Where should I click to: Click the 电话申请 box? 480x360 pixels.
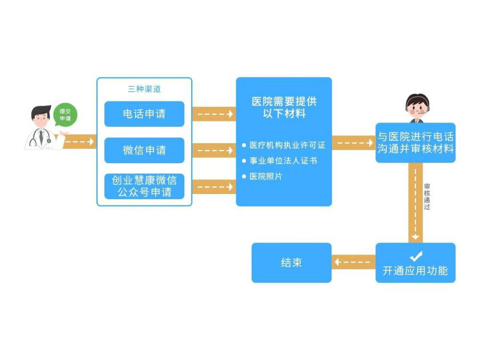click(x=144, y=114)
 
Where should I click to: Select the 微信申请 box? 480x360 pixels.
click(x=144, y=150)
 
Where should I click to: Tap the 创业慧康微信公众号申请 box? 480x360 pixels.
click(x=144, y=186)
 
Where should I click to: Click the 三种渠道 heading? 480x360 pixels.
click(x=144, y=89)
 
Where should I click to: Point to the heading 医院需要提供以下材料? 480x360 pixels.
click(x=284, y=107)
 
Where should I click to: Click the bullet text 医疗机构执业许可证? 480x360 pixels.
click(x=287, y=145)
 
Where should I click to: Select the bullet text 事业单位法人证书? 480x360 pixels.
click(x=283, y=161)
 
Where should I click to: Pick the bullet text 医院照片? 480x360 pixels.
click(x=265, y=176)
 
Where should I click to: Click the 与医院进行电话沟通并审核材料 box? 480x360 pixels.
click(x=416, y=143)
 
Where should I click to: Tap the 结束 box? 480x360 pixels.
click(x=291, y=262)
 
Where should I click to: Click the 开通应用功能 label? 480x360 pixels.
click(x=416, y=271)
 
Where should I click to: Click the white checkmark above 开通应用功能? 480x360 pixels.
click(x=416, y=256)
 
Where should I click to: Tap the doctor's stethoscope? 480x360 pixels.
click(x=41, y=137)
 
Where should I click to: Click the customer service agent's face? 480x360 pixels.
click(x=417, y=106)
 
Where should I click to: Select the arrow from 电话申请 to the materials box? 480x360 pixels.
click(x=214, y=114)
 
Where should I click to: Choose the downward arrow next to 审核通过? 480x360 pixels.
click(x=416, y=203)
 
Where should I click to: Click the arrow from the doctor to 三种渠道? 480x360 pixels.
click(x=79, y=141)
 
